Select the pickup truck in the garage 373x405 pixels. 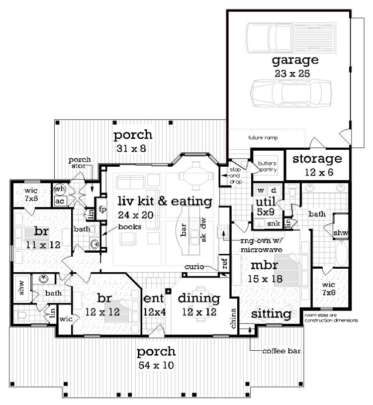pyautogui.click(x=291, y=38)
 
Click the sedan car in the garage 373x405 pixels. pyautogui.click(x=291, y=93)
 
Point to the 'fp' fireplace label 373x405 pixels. pyautogui.click(x=102, y=209)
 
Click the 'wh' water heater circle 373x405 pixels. pyautogui.click(x=60, y=189)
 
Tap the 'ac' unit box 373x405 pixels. pyautogui.click(x=60, y=201)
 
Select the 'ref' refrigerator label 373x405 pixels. pyautogui.click(x=225, y=264)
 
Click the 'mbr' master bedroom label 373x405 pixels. pyautogui.click(x=264, y=266)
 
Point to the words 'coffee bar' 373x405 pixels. pyautogui.click(x=281, y=351)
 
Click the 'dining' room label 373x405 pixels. pyautogui.click(x=199, y=299)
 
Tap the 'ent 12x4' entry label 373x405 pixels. pyautogui.click(x=154, y=305)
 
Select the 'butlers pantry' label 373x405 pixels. pyautogui.click(x=267, y=167)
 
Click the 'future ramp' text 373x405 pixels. pyautogui.click(x=263, y=138)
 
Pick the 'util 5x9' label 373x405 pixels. pyautogui.click(x=266, y=207)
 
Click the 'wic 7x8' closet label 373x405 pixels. pyautogui.click(x=329, y=289)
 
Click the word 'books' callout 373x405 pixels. pyautogui.click(x=130, y=227)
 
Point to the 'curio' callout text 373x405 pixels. pyautogui.click(x=194, y=266)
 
